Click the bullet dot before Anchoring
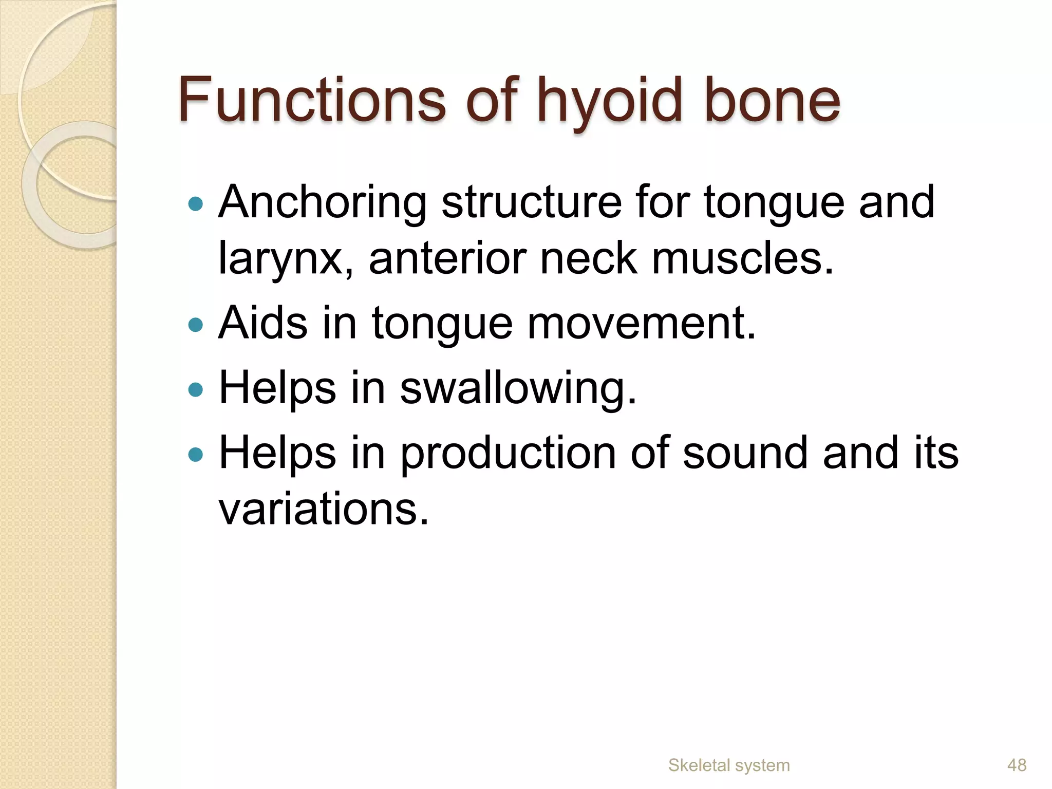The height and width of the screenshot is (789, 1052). click(196, 204)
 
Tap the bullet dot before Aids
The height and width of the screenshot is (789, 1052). click(196, 325)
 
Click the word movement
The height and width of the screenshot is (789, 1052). click(642, 324)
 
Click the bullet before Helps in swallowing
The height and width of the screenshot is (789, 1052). click(196, 389)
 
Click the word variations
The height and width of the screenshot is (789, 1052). click(323, 510)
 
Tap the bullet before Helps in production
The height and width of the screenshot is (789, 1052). click(196, 454)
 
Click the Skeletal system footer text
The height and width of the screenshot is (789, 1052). click(728, 765)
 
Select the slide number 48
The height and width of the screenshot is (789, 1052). click(1017, 765)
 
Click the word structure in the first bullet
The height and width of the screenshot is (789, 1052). click(531, 202)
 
